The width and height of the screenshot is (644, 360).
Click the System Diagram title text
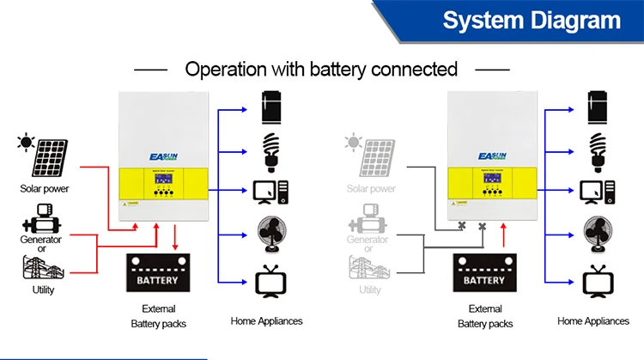(x=531, y=21)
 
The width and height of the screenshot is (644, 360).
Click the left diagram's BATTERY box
(x=157, y=276)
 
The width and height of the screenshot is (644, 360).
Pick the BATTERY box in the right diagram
(x=484, y=276)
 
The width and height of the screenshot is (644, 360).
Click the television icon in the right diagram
(x=596, y=282)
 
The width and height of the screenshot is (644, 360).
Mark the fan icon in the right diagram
(x=596, y=234)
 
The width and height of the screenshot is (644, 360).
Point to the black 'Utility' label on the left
(x=43, y=290)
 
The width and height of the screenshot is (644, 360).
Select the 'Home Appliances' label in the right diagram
(x=593, y=320)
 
